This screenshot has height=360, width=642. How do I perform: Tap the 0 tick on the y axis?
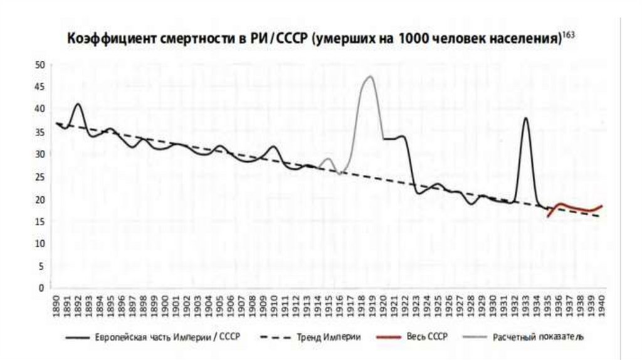(x=42, y=289)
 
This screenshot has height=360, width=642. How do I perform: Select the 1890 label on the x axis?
(x=56, y=305)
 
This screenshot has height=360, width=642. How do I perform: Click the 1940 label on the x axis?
(x=602, y=305)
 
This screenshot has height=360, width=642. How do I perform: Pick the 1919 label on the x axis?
(x=372, y=305)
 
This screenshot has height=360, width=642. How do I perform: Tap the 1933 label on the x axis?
(x=525, y=305)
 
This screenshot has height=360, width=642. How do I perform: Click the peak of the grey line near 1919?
(x=371, y=77)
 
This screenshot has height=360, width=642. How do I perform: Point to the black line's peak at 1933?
(x=525, y=118)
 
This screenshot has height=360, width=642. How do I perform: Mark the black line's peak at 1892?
(x=78, y=104)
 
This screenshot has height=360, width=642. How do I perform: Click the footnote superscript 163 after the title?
(x=568, y=35)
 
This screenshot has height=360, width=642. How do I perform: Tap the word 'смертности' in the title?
(x=187, y=40)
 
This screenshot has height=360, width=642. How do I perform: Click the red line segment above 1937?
(x=569, y=206)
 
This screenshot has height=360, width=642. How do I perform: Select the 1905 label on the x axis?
(x=220, y=305)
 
